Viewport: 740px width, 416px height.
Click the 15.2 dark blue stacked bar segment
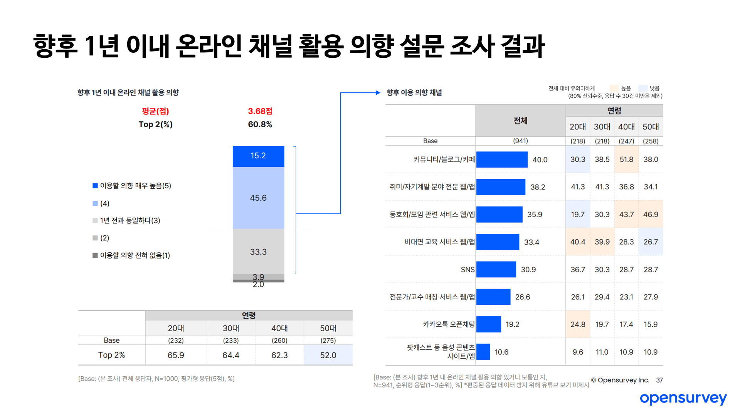click(x=258, y=156)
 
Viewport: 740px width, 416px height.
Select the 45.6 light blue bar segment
click(x=258, y=198)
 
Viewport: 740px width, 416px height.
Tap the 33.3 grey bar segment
click(x=258, y=252)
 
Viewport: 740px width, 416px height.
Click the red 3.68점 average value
click(x=260, y=111)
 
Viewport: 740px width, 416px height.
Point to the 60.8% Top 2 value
click(x=260, y=124)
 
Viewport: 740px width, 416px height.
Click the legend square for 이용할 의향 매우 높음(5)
click(x=95, y=186)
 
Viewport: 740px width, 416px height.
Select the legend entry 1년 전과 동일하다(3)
click(x=130, y=221)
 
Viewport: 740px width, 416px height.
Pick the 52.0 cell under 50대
click(x=328, y=355)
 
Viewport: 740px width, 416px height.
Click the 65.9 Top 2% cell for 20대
click(x=176, y=355)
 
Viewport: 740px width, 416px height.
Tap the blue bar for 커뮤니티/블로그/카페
click(x=502, y=159)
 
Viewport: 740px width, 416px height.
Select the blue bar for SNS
click(x=496, y=270)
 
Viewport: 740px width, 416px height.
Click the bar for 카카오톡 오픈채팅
click(x=489, y=324)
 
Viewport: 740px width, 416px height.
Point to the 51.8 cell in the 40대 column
click(x=626, y=159)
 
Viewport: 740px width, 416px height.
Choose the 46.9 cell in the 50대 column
click(x=651, y=215)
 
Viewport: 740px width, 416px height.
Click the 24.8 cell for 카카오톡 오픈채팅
click(x=578, y=324)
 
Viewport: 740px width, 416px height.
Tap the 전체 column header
click(x=520, y=121)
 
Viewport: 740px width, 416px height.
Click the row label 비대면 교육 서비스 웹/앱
click(x=439, y=242)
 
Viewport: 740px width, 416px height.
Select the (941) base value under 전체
click(x=520, y=141)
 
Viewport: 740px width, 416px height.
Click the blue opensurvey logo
click(x=683, y=398)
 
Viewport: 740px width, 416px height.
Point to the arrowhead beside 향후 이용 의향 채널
click(x=378, y=92)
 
